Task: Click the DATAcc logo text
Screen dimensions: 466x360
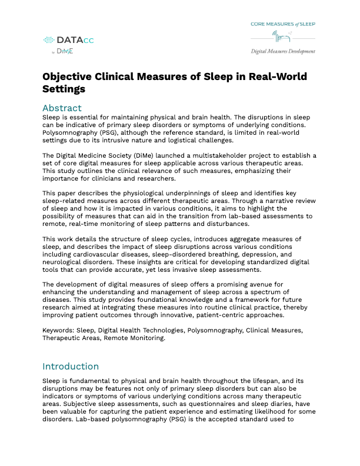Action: pos(75,40)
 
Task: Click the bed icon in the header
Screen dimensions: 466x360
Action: pos(285,36)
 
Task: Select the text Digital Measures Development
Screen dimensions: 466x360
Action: pos(283,51)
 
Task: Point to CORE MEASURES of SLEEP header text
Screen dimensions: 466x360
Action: pos(283,24)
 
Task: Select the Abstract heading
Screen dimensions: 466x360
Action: pos(62,108)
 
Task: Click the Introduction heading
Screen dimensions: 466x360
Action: pos(71,366)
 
